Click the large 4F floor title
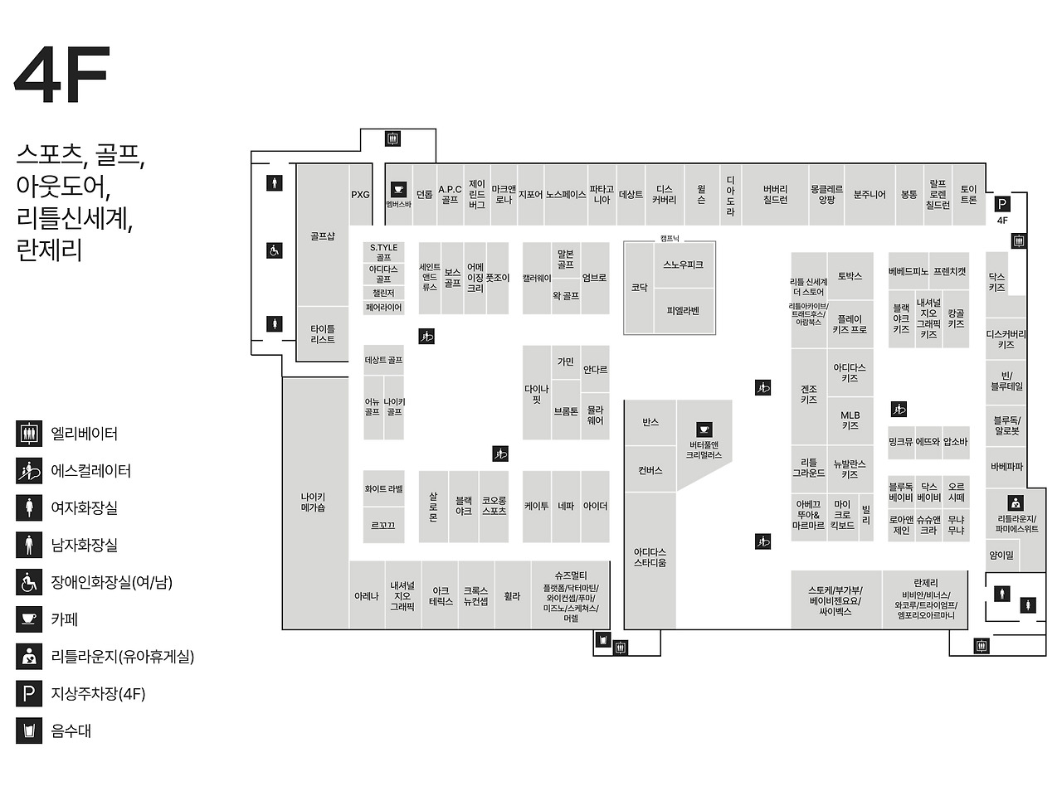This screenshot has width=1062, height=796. (x=62, y=75)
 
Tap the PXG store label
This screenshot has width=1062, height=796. (x=360, y=195)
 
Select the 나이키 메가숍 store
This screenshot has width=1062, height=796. (x=314, y=502)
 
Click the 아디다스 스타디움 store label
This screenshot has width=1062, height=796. (x=650, y=557)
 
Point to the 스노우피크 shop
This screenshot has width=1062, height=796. (x=683, y=265)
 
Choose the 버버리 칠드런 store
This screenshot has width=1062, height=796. (x=775, y=195)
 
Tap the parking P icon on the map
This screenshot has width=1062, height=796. (x=1002, y=204)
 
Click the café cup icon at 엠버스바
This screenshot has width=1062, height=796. (x=397, y=189)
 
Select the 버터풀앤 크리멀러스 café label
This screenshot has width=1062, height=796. (x=704, y=449)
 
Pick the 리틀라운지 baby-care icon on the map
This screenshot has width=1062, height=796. (x=1016, y=502)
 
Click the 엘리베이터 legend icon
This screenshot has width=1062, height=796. (x=29, y=434)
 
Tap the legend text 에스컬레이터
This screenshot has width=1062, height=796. (x=91, y=471)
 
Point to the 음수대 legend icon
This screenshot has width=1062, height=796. (x=29, y=731)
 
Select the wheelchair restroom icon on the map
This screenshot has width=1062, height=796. (x=274, y=250)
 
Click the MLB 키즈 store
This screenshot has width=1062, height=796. (x=850, y=420)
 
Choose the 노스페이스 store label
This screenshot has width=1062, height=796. (x=566, y=195)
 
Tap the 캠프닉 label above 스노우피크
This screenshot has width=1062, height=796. (x=669, y=238)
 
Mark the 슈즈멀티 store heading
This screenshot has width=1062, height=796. (x=571, y=575)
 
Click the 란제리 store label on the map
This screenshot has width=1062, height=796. (x=925, y=583)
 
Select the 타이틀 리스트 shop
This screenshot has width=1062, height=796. (x=323, y=334)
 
